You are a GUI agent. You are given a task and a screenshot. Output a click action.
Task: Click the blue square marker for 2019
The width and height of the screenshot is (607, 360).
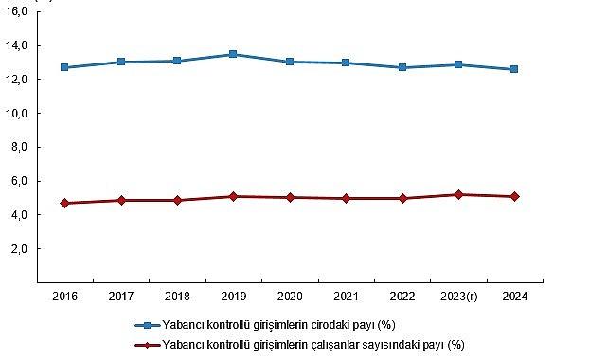(233, 54)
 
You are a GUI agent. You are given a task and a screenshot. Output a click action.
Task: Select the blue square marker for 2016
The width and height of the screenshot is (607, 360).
(64, 67)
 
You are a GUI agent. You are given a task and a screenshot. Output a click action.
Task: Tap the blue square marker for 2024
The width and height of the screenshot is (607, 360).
(514, 69)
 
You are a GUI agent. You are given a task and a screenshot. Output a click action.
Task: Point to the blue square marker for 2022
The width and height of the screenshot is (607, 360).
(402, 67)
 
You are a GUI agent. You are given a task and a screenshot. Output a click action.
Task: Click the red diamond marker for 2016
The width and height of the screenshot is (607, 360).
(64, 203)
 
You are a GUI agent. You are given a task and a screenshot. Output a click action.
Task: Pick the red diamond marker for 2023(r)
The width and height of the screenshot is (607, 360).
(457, 194)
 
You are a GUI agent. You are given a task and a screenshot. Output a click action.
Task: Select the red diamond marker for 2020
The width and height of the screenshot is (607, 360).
(289, 197)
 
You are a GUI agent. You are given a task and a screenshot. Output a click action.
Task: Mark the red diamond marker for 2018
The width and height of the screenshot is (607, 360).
(177, 200)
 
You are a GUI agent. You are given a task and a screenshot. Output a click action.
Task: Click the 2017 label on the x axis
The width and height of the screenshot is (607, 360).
(120, 296)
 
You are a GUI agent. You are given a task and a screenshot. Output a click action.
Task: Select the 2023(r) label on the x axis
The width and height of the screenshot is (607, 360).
(457, 296)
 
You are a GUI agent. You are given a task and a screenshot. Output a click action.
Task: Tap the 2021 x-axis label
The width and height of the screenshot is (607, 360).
(346, 296)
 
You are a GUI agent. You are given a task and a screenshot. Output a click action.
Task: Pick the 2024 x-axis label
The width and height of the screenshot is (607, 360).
(514, 296)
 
